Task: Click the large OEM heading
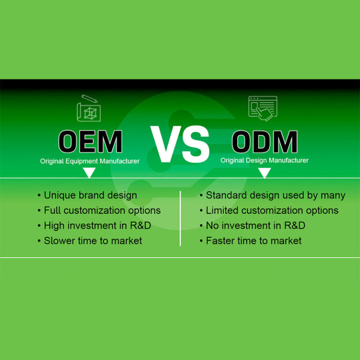90,142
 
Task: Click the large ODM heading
265,142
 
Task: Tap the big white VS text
180,143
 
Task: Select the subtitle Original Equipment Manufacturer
90,161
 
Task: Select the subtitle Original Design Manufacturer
264,160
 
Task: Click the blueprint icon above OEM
89,108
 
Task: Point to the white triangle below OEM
89,172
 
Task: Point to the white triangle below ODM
264,172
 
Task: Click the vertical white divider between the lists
180,218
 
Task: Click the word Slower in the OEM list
59,241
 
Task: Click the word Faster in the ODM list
220,241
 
